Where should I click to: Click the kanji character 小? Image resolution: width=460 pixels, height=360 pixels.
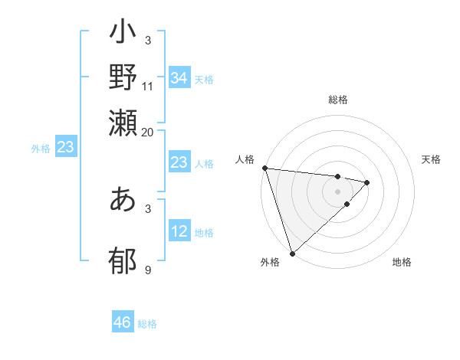(123, 34)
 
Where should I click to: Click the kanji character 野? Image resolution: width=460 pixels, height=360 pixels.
(123, 77)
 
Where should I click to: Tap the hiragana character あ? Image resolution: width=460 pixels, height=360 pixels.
(123, 199)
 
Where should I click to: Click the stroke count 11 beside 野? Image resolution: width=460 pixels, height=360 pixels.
(148, 87)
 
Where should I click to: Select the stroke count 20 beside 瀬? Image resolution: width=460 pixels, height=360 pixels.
(148, 132)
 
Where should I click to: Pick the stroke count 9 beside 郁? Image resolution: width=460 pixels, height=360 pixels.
(148, 270)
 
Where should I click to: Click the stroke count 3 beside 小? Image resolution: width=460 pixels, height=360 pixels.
(148, 40)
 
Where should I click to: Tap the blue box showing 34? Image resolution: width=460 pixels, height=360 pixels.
(179, 78)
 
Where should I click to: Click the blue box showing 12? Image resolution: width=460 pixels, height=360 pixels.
(179, 231)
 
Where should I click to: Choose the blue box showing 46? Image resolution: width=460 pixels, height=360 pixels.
(122, 322)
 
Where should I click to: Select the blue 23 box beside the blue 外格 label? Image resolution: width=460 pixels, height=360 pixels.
(65, 147)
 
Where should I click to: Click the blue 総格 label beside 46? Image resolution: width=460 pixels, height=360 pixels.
(147, 324)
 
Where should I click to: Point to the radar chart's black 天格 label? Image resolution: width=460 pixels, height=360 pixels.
(431, 159)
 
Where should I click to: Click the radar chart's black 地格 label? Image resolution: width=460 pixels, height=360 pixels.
(402, 263)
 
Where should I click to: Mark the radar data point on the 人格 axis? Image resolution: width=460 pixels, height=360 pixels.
(264, 168)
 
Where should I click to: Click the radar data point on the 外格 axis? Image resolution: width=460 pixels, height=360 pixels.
(292, 252)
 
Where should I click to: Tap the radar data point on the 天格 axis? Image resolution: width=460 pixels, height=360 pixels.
(367, 182)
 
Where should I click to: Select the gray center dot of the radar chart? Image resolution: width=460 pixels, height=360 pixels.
(338, 191)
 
